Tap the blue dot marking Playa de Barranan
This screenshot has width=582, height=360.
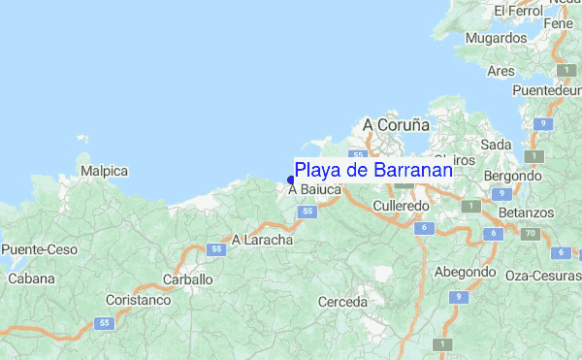coord(291,179)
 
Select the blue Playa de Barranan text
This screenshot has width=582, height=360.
coord(373,170)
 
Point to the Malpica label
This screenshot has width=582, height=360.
coord(105,171)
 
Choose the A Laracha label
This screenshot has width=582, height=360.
coord(262,239)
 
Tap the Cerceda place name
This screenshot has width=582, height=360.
coord(342,302)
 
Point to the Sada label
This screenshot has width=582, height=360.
coord(496,145)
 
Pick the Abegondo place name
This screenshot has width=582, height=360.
coord(465,272)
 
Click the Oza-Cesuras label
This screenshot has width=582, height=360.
coord(543,276)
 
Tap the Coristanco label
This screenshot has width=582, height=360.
coord(138,300)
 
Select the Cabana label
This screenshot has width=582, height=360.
coord(31,278)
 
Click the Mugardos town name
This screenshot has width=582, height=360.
coord(495,38)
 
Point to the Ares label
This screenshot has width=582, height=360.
coord(501,71)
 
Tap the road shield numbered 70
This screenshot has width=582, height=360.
coord(530,234)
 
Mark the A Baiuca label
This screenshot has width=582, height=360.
coord(314,190)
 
